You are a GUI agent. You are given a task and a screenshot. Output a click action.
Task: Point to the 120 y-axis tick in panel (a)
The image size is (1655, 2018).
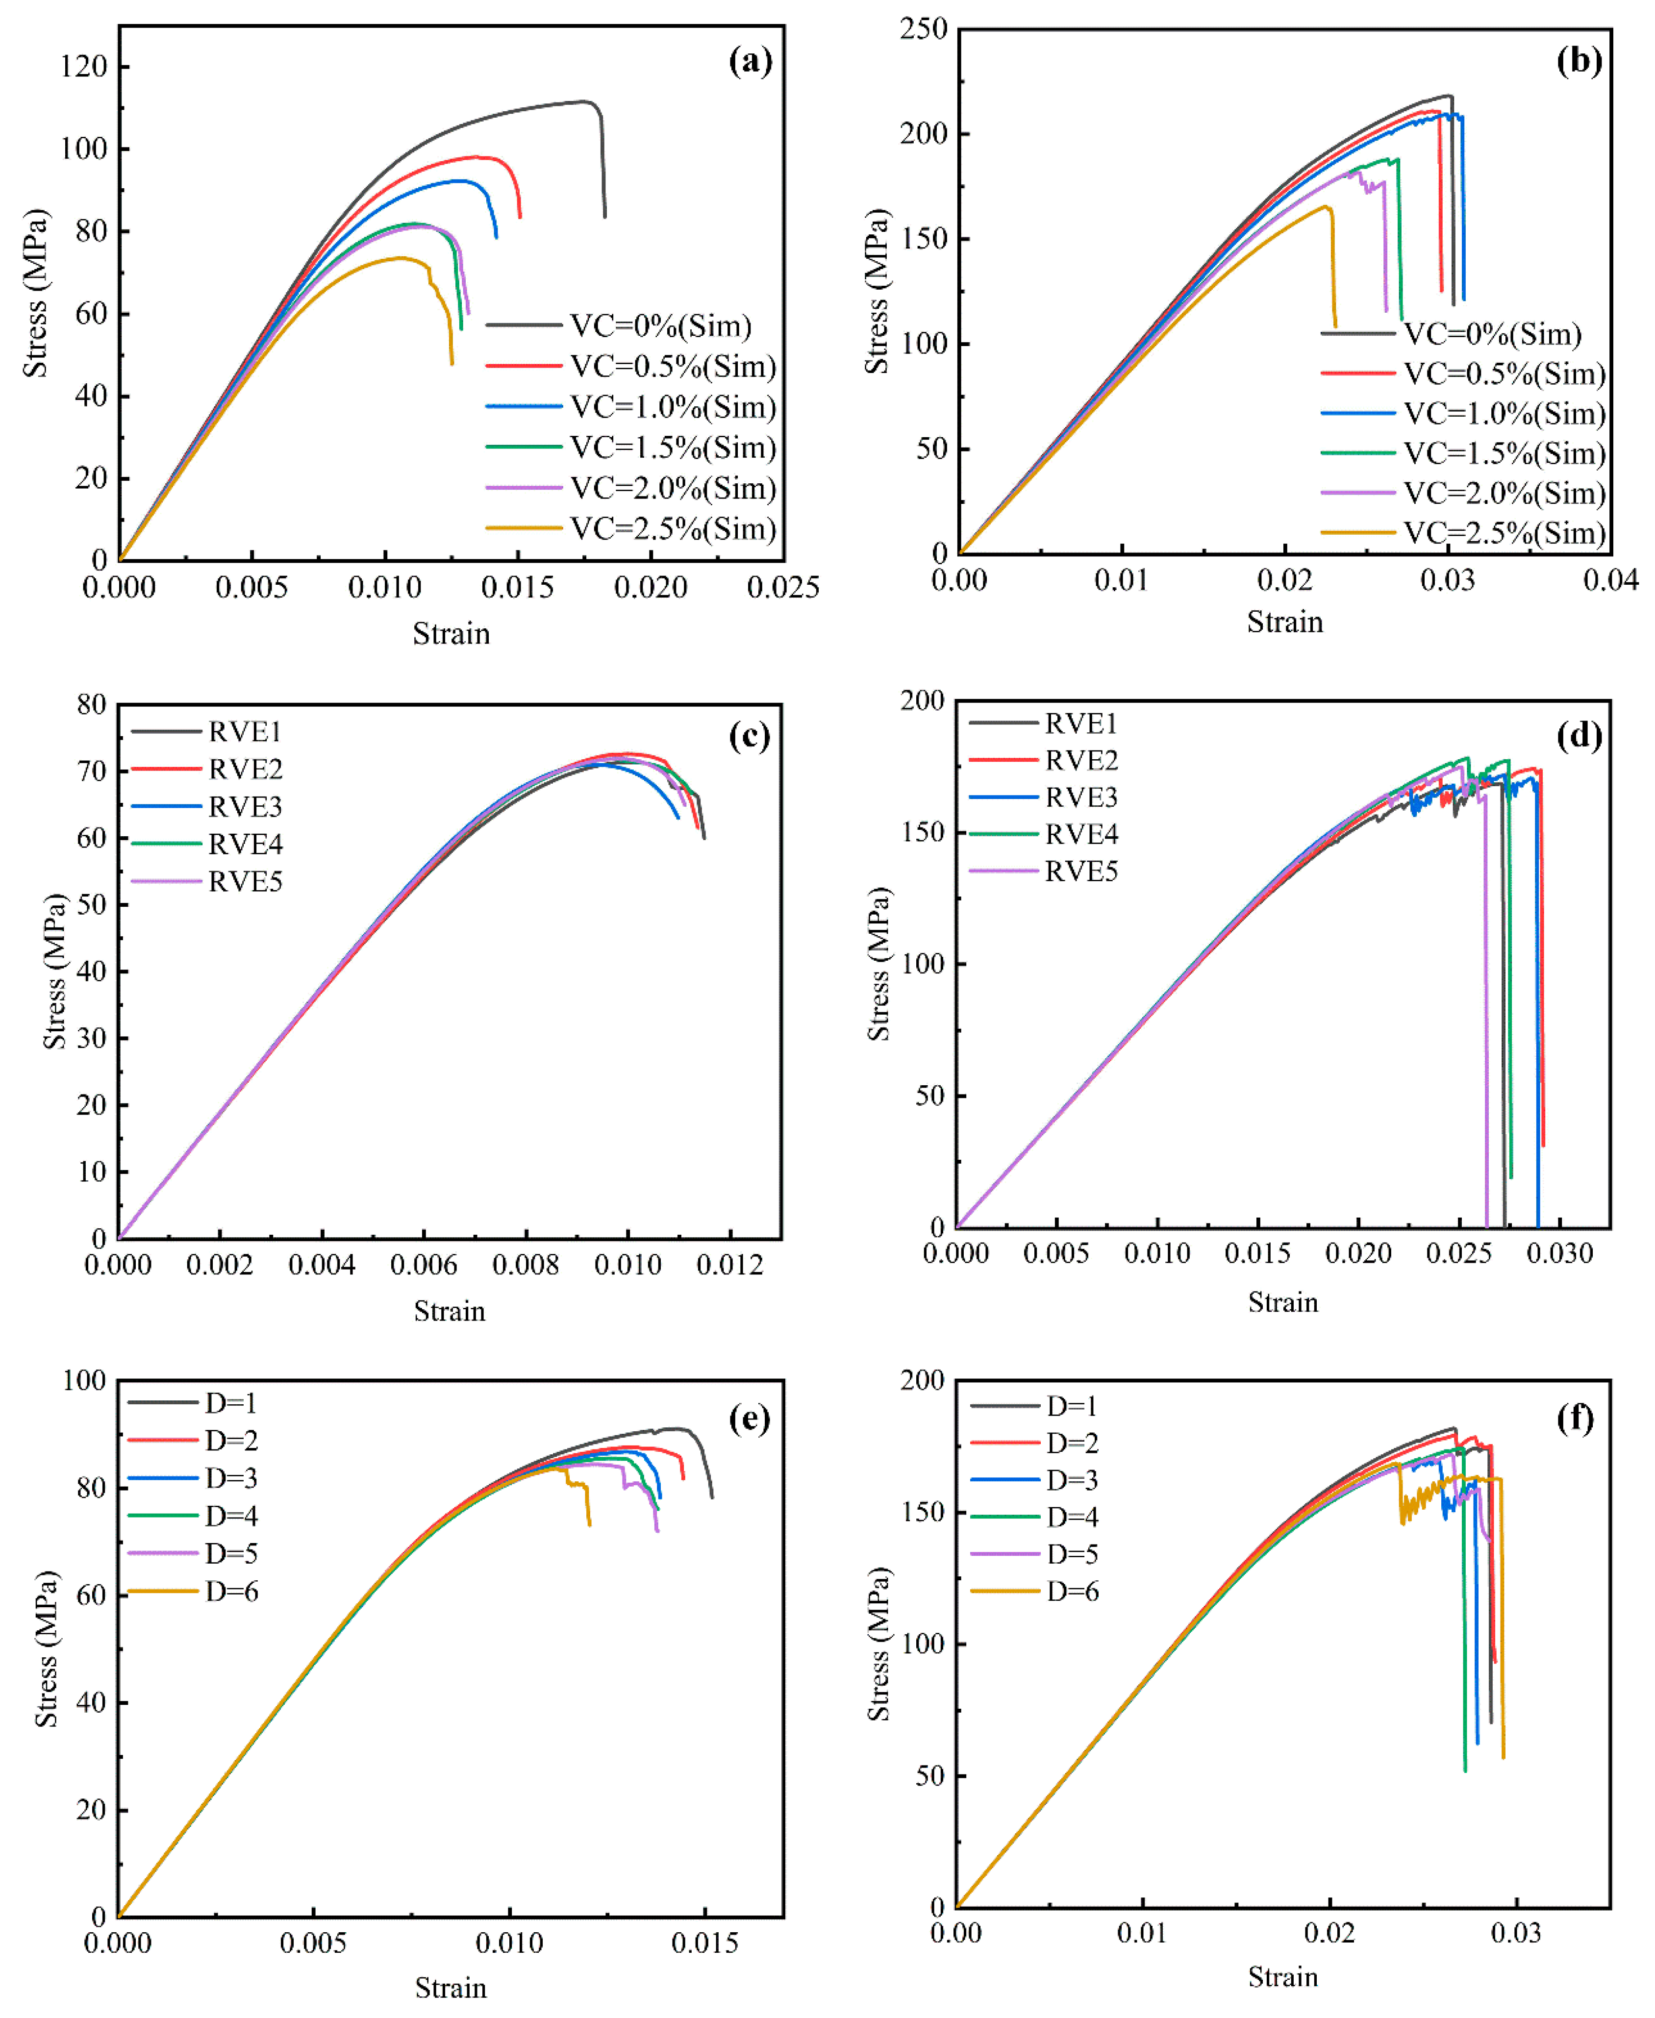[x=84, y=67]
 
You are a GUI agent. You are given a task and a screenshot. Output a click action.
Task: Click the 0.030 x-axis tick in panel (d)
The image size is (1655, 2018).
[x=1560, y=1253]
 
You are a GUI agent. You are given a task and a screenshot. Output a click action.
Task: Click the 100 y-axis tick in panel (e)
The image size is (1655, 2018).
[x=84, y=1380]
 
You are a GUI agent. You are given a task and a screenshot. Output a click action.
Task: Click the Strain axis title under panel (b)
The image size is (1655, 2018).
[x=1284, y=623]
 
